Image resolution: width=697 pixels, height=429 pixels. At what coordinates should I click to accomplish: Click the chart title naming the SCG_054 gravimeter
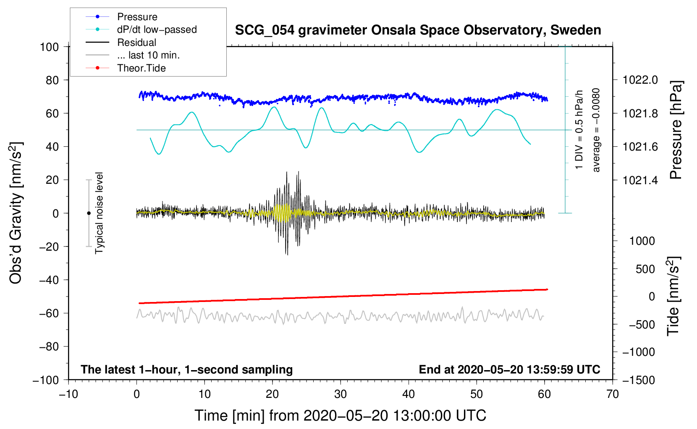(x=418, y=30)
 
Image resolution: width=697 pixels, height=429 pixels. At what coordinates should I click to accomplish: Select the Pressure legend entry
(x=137, y=17)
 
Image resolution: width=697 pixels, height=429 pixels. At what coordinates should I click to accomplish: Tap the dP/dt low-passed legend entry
(x=157, y=29)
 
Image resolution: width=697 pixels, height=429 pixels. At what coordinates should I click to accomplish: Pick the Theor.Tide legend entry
(x=141, y=68)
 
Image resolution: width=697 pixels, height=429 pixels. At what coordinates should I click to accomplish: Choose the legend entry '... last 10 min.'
(x=148, y=55)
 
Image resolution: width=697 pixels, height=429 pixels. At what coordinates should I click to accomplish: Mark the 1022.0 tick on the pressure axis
(x=640, y=80)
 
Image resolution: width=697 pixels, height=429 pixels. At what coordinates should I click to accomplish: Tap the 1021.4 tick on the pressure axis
(x=640, y=180)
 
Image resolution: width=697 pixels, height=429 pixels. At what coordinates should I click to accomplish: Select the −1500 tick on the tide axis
(x=639, y=380)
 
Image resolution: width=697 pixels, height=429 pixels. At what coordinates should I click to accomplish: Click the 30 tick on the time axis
(x=341, y=394)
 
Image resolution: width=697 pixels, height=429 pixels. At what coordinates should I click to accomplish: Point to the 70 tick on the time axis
(x=613, y=394)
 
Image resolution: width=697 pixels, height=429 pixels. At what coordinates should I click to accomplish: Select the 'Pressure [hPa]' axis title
(x=676, y=130)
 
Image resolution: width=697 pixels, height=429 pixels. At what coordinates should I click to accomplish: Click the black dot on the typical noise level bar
(x=89, y=213)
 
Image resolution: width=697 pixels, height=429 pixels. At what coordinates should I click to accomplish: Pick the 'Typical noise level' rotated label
(x=99, y=213)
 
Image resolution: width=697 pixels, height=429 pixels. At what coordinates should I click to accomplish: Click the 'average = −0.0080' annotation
(x=596, y=130)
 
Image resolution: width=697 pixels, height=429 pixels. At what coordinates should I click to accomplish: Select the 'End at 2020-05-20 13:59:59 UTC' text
(x=509, y=369)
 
